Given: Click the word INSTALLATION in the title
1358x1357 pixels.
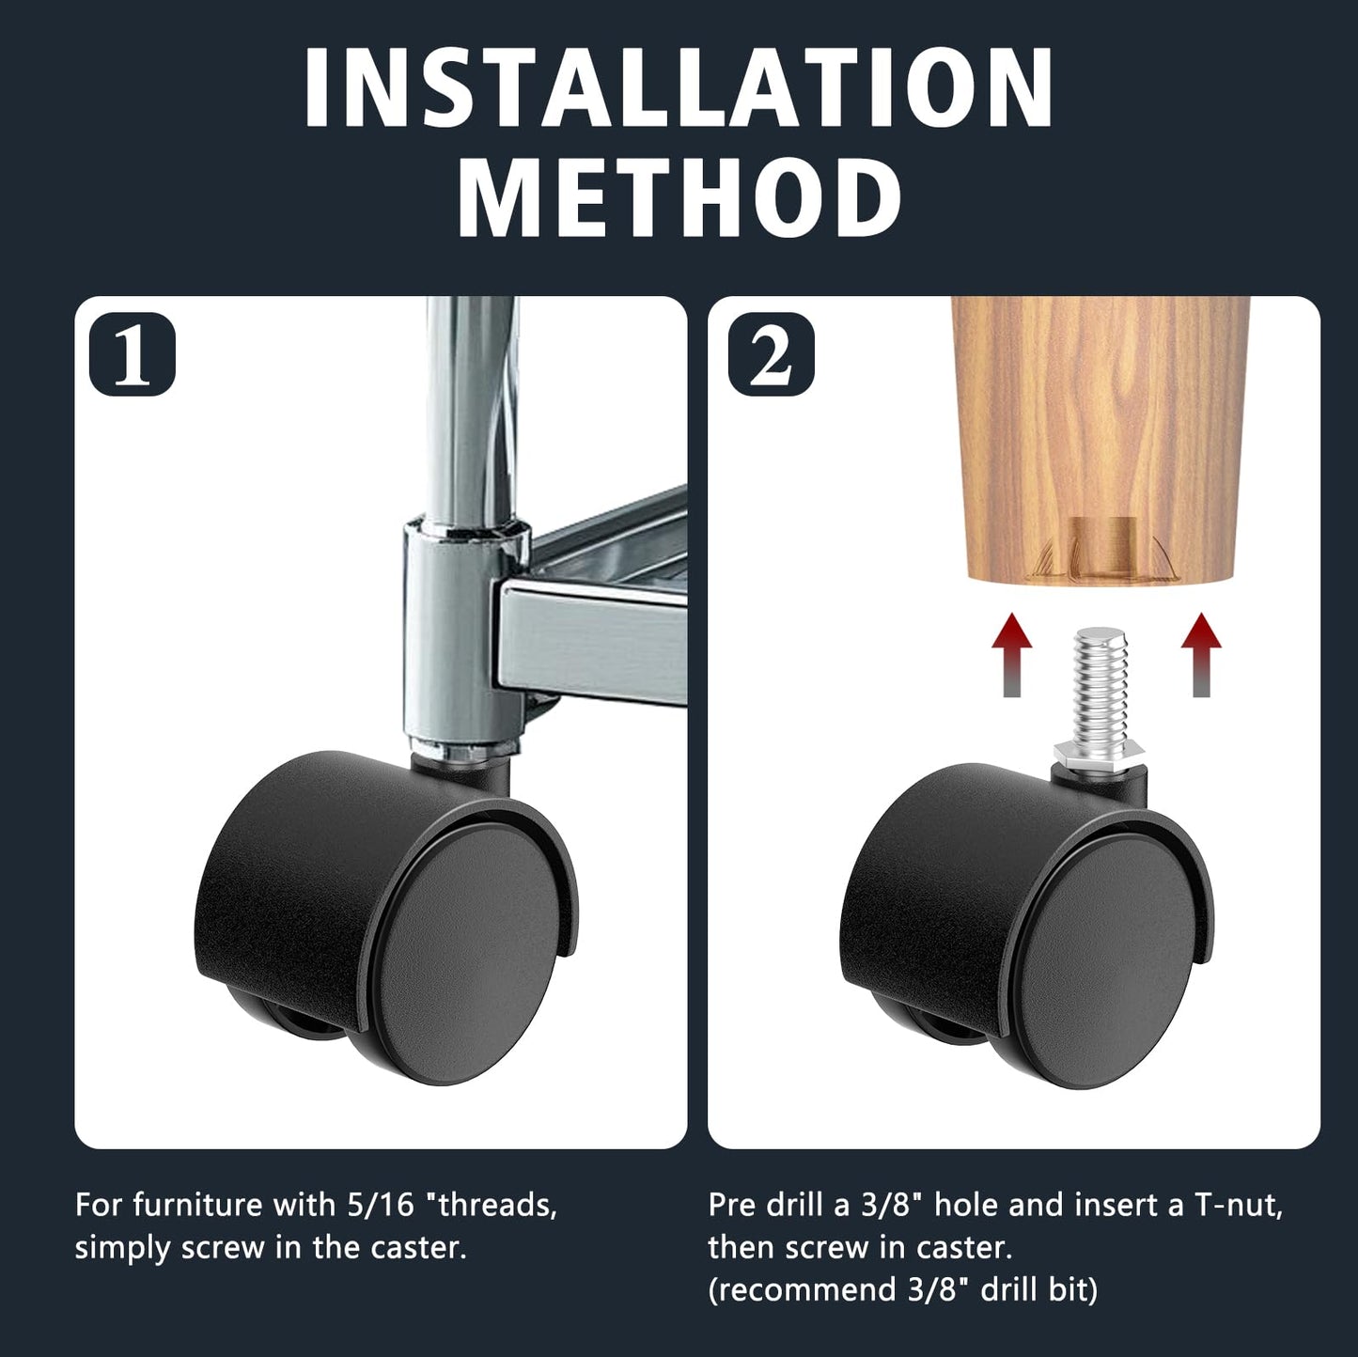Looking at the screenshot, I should [x=679, y=86].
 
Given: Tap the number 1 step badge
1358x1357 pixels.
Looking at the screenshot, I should [x=132, y=354].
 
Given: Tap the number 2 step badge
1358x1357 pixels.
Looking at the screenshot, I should [x=771, y=354].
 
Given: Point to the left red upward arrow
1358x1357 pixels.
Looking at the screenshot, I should [x=1011, y=654].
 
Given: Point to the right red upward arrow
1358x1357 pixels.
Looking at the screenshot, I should [x=1201, y=654].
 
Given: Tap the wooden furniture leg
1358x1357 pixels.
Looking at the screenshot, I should [x=1101, y=423].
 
